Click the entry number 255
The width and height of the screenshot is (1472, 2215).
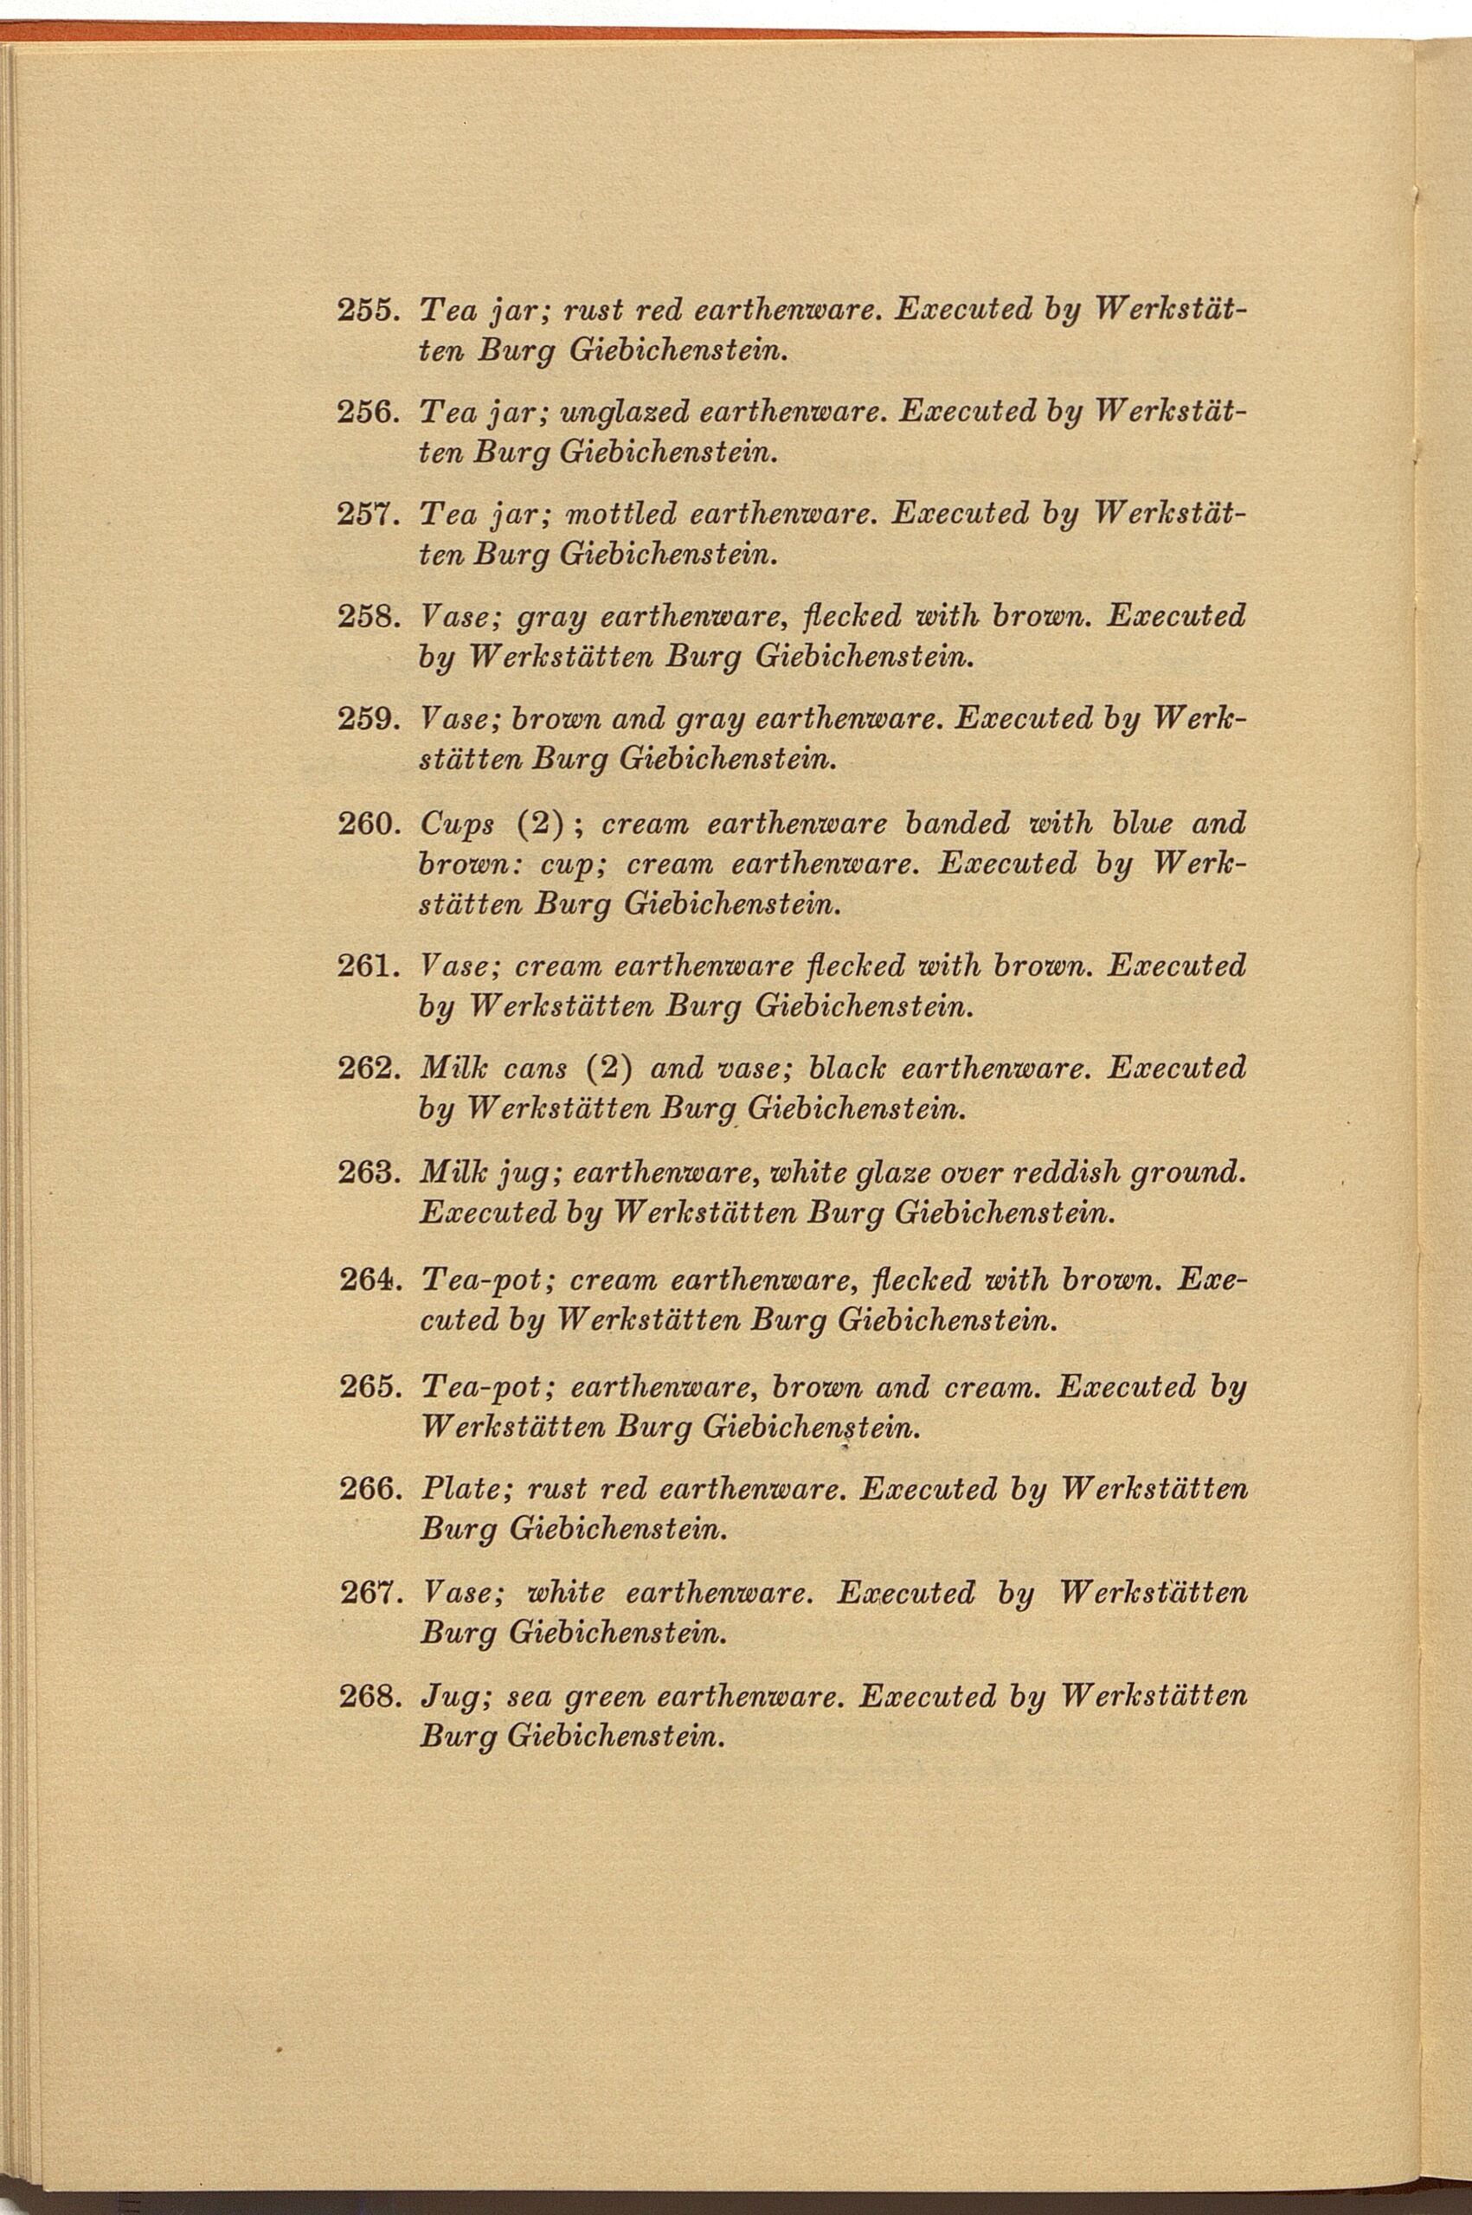point(369,309)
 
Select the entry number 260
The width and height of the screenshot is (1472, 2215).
point(369,824)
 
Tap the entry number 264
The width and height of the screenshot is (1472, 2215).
point(369,1281)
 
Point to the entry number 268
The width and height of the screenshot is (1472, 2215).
point(369,1696)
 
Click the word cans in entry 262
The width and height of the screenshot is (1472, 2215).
point(535,1070)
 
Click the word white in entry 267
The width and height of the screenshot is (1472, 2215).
point(566,1593)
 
